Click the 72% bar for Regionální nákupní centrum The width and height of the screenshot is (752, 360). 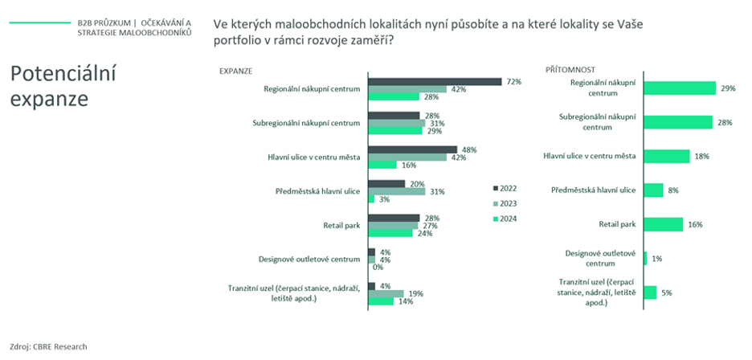point(435,81)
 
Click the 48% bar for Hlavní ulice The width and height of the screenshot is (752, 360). point(412,149)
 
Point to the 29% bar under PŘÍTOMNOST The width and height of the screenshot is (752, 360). point(679,88)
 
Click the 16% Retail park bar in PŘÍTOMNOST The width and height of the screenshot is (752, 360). point(663,224)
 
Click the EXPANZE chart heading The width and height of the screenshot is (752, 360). point(235,71)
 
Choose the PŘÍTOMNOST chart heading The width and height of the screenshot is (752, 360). point(570,71)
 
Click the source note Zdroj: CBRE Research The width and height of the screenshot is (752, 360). point(48,346)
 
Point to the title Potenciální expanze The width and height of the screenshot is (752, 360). point(63,87)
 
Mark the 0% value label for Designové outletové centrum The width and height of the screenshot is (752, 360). point(378,267)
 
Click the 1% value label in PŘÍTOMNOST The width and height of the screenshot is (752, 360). point(657,259)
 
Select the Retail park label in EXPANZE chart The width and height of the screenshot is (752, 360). point(341,225)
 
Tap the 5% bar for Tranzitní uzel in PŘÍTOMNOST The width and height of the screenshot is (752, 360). point(650,292)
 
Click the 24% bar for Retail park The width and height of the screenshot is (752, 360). point(390,233)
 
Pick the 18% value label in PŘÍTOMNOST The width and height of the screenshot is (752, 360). point(701,156)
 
